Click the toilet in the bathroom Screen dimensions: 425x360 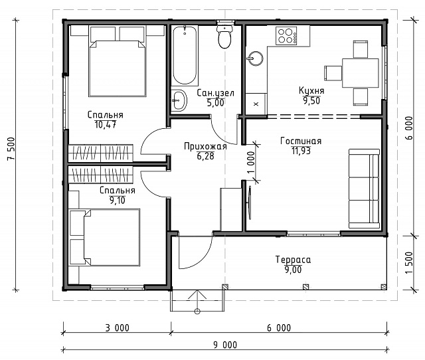(x=224, y=37)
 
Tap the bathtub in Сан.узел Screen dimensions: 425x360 (x=185, y=55)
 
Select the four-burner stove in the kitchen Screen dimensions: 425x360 (x=286, y=36)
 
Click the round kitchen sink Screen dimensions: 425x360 (x=255, y=58)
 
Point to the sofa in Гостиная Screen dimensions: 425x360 (x=364, y=189)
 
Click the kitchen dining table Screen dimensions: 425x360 (x=360, y=73)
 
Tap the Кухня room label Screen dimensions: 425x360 (x=311, y=90)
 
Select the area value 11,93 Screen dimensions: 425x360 (x=301, y=151)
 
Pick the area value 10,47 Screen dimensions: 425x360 (x=106, y=125)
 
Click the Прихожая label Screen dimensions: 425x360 (x=205, y=146)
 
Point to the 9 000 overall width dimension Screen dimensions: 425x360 (x=225, y=345)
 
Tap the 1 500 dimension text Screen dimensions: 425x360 (x=409, y=263)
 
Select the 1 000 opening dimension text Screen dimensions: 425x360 (x=251, y=162)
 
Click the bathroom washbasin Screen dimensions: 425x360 (x=179, y=100)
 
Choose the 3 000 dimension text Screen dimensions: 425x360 (x=118, y=328)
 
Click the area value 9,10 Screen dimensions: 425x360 (x=118, y=201)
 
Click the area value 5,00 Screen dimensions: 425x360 (x=215, y=103)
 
